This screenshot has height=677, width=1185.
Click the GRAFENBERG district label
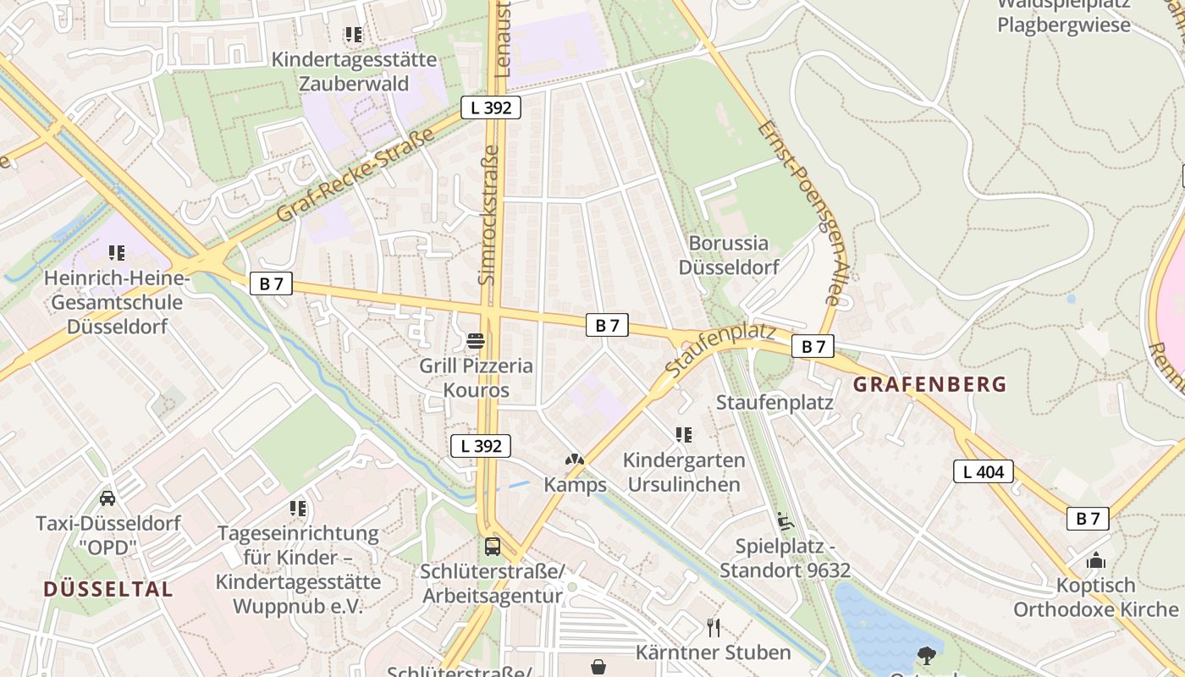coord(929,384)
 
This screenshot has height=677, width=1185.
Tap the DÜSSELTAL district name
coord(107,589)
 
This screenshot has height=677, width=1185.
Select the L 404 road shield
coord(984,471)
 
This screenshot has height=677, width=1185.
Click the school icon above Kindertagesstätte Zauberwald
coord(354,35)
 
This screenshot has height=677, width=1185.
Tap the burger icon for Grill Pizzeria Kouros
coord(476,341)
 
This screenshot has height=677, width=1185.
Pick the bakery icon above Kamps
coord(575,460)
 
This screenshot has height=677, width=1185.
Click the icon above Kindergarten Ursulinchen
coord(684,435)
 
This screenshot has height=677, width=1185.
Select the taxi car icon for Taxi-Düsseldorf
coord(107,498)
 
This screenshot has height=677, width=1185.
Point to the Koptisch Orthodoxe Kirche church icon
coord(1095,560)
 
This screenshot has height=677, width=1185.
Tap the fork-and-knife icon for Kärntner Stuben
coord(714,627)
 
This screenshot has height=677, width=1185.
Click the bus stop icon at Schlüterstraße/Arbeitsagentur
coord(493,547)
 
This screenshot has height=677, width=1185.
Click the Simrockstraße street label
coord(488,213)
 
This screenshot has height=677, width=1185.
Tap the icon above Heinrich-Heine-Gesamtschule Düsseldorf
coord(117,252)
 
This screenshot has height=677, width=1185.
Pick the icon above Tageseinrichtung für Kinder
coord(298,508)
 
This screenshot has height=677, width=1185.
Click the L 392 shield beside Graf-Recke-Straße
coord(490,107)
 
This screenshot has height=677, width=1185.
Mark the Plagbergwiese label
coord(1063,25)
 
